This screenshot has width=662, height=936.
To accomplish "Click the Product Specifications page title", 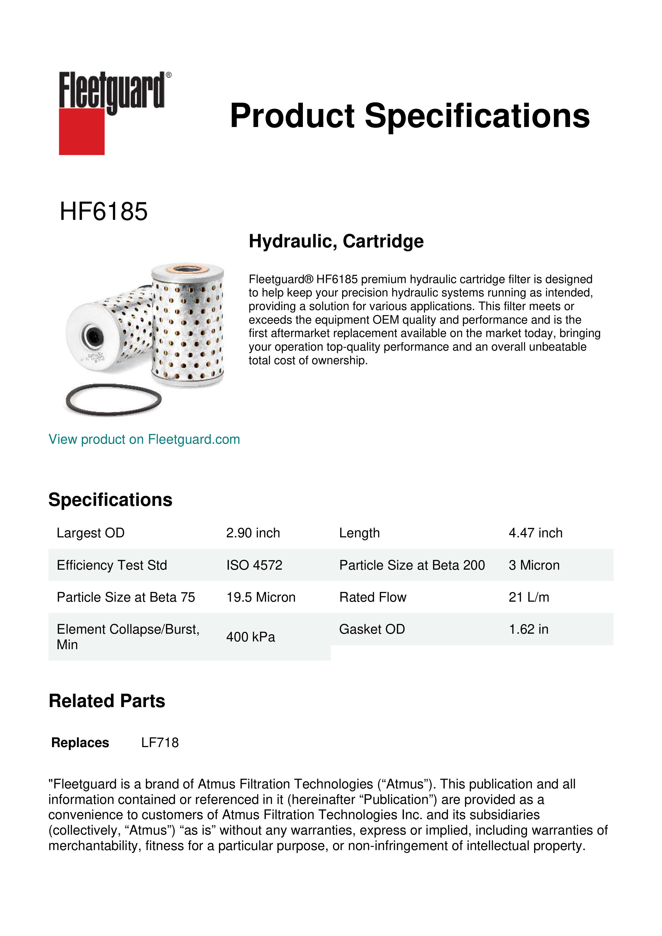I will pos(410,116).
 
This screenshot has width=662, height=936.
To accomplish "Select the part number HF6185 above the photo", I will pos(104,212).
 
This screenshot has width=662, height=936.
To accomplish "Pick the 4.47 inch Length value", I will pos(535,533).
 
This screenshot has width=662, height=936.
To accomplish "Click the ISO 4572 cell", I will pos(254,565).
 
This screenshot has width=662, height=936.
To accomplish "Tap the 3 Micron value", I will pos(534,565).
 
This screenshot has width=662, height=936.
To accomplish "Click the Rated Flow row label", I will pos(372,597).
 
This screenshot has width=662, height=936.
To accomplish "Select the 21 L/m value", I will pos(529,597).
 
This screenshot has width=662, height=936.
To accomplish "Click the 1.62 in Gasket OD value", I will pos(528,629).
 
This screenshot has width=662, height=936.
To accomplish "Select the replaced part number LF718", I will pos(160,743).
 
